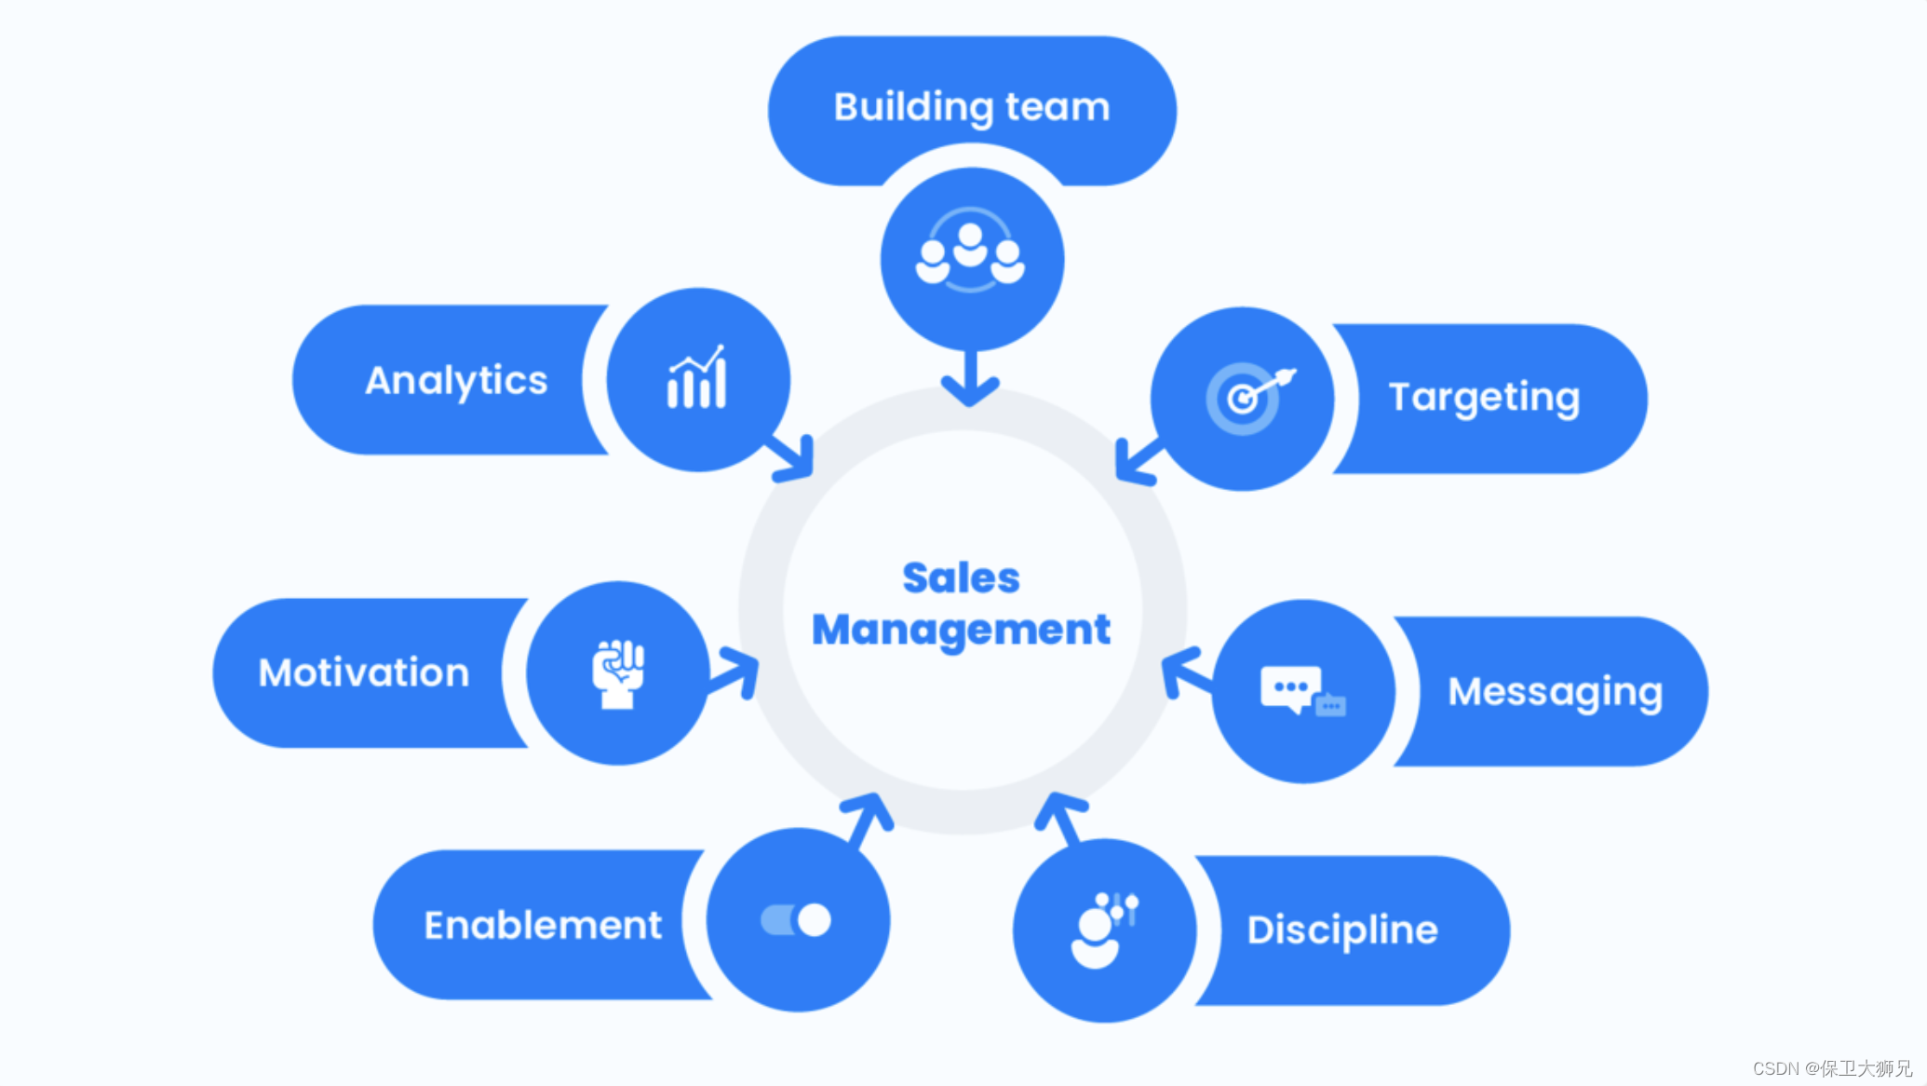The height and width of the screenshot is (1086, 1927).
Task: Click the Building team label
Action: tap(971, 107)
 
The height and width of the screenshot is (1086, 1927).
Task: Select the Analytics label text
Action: tap(456, 380)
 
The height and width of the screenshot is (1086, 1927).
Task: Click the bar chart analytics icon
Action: tap(696, 378)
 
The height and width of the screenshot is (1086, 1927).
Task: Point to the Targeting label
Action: tap(1484, 398)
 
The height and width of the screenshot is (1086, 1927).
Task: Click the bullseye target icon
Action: tap(1246, 397)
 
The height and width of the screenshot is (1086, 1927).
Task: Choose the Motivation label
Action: tap(364, 672)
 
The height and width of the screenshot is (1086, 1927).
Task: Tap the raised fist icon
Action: tap(618, 673)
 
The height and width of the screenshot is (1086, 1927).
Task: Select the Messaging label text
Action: tap(1555, 692)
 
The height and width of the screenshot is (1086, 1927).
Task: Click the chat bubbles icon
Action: tap(1301, 691)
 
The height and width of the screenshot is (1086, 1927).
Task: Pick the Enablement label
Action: tap(543, 925)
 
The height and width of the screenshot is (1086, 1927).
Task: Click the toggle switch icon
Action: tap(796, 920)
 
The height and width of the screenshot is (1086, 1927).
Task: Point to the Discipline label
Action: tap(1342, 930)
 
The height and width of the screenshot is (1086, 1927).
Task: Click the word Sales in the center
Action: tap(961, 577)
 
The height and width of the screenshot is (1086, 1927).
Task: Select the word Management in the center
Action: tap(961, 630)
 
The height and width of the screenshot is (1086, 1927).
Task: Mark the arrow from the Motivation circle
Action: tap(734, 673)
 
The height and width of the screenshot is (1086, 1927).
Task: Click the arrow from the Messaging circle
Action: tap(1184, 672)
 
